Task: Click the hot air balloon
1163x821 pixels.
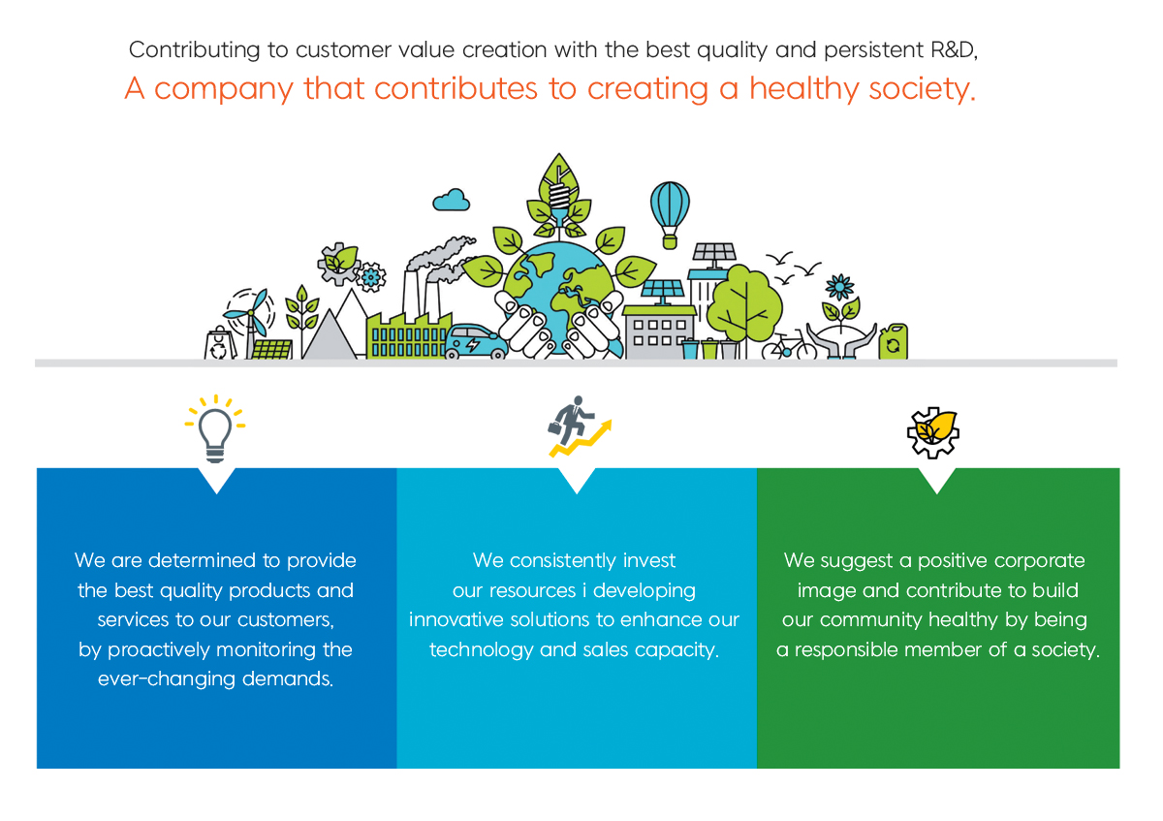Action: pyautogui.click(x=670, y=214)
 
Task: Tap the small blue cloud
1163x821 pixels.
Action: pyautogui.click(x=452, y=200)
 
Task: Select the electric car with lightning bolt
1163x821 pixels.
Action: pyautogui.click(x=475, y=342)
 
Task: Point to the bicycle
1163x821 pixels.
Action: pyautogui.click(x=789, y=345)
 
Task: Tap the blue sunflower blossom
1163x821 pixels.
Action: pyautogui.click(x=839, y=287)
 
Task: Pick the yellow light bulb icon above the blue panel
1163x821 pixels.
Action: pyautogui.click(x=215, y=428)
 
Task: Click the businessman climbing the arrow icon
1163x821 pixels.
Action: pyautogui.click(x=579, y=426)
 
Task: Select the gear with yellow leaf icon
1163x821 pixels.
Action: pyautogui.click(x=933, y=432)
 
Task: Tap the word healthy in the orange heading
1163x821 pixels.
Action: pyautogui.click(x=804, y=88)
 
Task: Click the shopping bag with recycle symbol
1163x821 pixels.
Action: pyautogui.click(x=220, y=343)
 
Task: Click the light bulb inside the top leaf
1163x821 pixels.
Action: pyautogui.click(x=559, y=198)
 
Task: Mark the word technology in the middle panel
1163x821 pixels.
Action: pyautogui.click(x=482, y=650)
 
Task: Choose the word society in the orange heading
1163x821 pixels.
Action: pyautogui.click(x=922, y=89)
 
